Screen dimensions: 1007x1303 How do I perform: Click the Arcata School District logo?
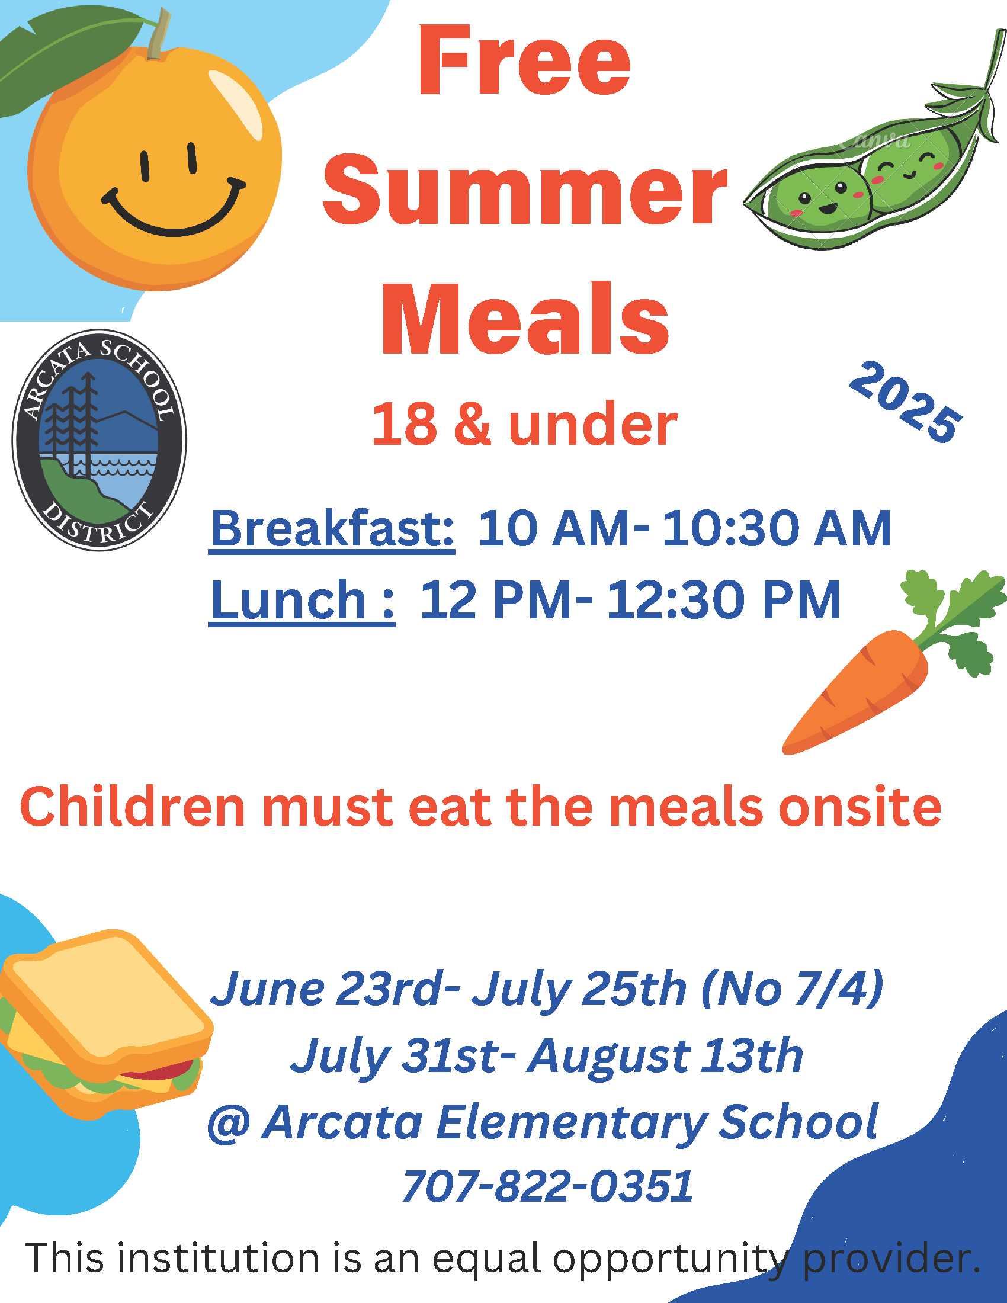[99, 440]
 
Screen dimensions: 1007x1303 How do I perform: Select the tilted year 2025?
[905, 402]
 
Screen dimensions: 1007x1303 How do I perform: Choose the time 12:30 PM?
[723, 600]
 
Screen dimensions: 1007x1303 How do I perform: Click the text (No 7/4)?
[791, 989]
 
